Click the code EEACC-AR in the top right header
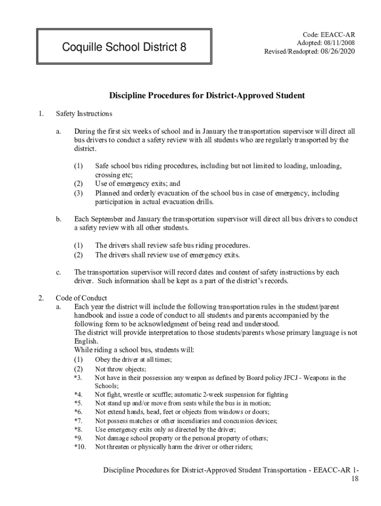[329, 35]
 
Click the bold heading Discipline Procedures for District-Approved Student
[207, 95]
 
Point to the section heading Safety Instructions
[84, 114]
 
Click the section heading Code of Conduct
[81, 298]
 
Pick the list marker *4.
[78, 394]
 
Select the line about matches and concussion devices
[186, 421]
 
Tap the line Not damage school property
[182, 438]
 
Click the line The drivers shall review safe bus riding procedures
[173, 246]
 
